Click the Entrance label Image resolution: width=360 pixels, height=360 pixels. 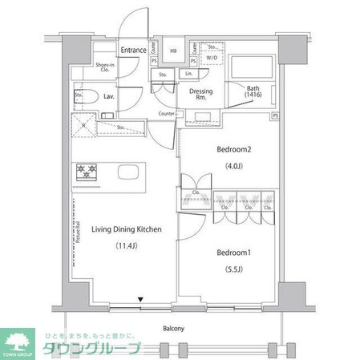tap(134, 50)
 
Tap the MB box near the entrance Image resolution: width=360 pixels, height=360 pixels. tap(172, 51)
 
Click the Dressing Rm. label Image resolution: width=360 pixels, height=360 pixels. tap(200, 95)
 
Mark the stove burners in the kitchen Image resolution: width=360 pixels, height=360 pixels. tap(86, 172)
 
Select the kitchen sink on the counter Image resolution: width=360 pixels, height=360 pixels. tap(128, 172)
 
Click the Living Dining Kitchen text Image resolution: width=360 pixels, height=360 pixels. tap(127, 230)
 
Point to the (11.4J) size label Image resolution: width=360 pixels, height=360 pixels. tap(127, 245)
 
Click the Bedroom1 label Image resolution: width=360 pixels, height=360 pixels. tap(236, 253)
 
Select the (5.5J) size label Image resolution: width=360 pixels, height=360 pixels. tap(236, 270)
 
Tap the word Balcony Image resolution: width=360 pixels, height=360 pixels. tap(174, 329)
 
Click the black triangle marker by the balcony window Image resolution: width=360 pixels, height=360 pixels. tap(140, 300)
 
